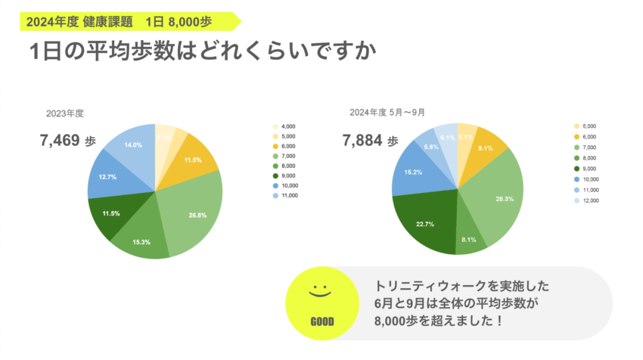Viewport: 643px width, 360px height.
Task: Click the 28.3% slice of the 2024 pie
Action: click(x=500, y=200)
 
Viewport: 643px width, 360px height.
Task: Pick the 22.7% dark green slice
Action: click(x=424, y=223)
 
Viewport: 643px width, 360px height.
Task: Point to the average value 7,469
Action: click(x=60, y=141)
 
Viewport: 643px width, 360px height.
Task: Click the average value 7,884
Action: click(x=362, y=141)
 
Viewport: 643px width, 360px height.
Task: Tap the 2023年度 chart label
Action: click(x=64, y=113)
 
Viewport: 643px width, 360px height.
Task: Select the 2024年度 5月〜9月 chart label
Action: click(x=387, y=112)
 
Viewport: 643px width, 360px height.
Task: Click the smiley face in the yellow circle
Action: click(x=321, y=291)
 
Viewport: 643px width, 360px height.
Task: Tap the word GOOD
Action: click(x=321, y=321)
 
